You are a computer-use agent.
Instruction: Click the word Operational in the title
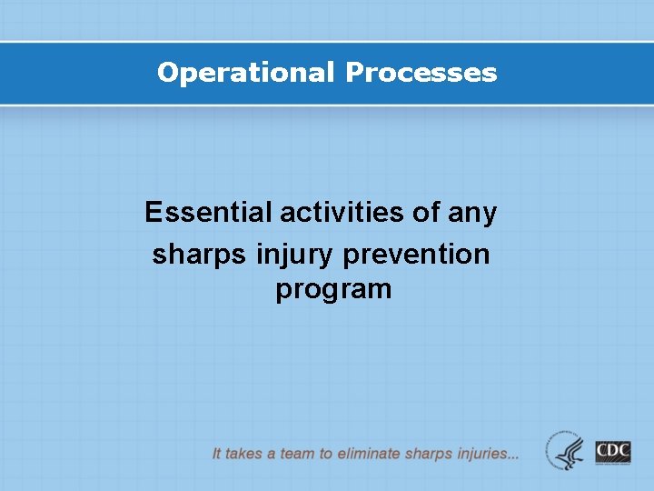point(246,73)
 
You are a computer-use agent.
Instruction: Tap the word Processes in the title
point(421,73)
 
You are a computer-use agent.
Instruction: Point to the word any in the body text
point(473,214)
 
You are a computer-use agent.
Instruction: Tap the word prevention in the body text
point(416,254)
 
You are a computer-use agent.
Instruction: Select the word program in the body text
point(333,290)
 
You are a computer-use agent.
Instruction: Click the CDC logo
point(613,452)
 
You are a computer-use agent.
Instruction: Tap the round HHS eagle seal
point(566,451)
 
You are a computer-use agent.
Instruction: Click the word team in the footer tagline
point(296,453)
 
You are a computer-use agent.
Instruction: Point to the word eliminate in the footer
point(369,453)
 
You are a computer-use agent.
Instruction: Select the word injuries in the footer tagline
point(477,453)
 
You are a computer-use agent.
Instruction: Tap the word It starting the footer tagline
point(217,453)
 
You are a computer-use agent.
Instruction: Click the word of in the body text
point(427,213)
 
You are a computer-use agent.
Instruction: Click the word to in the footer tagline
point(324,453)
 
